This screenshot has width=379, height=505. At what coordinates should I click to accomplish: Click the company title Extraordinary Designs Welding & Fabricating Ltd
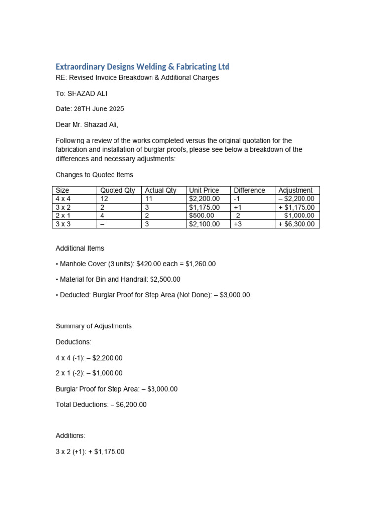tap(142, 66)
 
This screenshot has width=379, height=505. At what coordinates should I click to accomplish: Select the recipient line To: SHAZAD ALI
tap(81, 93)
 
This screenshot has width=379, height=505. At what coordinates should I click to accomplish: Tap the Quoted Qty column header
tap(117, 190)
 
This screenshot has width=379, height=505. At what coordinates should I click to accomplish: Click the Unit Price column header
tap(204, 190)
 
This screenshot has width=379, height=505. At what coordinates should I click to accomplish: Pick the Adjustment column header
tap(296, 190)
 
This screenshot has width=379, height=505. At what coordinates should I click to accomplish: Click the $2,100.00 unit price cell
tap(204, 224)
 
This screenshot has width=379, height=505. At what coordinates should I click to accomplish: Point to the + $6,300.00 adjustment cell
tap(297, 224)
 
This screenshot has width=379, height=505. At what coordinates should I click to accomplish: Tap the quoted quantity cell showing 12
tap(104, 199)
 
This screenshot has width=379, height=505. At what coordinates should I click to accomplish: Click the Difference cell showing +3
tap(239, 224)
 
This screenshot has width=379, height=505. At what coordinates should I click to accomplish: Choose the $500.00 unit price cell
tap(201, 216)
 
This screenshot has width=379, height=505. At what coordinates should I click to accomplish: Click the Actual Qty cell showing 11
tap(149, 199)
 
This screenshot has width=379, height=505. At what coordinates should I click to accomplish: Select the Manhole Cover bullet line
tap(136, 264)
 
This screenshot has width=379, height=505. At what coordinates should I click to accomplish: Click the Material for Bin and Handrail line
tap(118, 279)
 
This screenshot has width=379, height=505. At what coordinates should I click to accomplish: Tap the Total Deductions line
tap(101, 405)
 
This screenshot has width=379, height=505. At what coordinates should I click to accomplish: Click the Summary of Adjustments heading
tap(94, 326)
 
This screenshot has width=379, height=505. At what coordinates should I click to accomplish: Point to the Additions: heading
tap(71, 436)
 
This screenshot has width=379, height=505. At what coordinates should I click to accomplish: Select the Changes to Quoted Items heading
tap(94, 175)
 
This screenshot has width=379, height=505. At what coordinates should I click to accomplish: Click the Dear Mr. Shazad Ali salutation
tap(87, 125)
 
